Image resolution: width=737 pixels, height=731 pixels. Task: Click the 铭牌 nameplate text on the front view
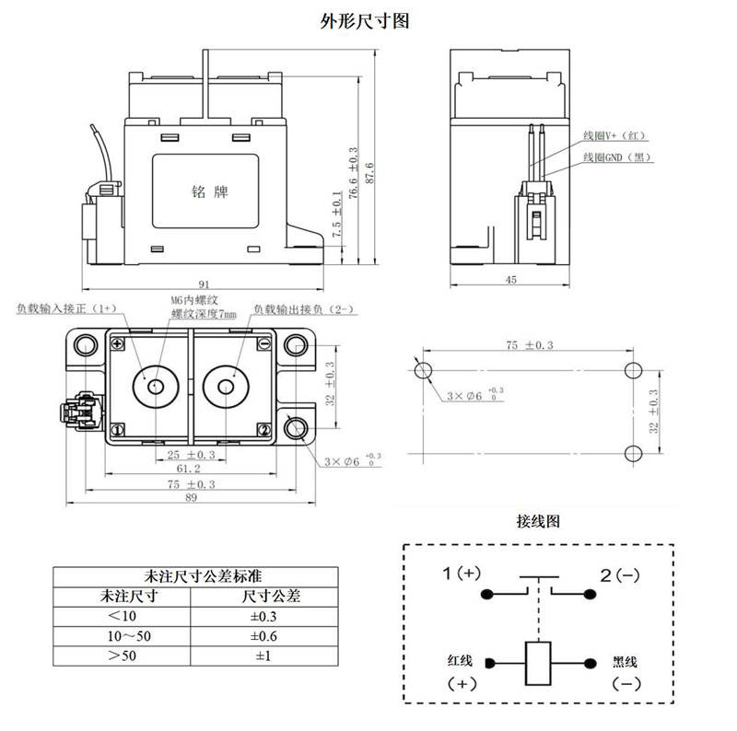(x=209, y=192)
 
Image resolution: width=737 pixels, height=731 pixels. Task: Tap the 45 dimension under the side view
(x=510, y=279)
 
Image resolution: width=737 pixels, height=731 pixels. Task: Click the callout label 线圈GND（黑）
(x=617, y=157)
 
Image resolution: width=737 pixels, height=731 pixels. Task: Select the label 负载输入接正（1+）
(x=66, y=309)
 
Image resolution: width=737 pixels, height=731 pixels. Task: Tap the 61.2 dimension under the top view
(x=193, y=470)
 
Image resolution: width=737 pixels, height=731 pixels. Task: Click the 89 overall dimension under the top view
(x=192, y=498)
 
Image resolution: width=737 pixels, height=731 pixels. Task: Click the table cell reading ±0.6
(x=260, y=636)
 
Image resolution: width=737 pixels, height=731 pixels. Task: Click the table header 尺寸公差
(x=260, y=596)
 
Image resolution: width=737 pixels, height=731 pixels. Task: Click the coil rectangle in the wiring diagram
(x=537, y=663)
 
